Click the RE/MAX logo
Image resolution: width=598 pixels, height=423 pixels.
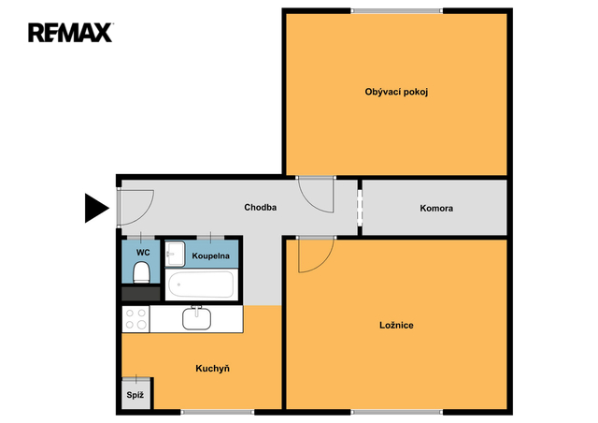(71, 33)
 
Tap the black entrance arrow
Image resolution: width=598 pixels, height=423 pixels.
(97, 208)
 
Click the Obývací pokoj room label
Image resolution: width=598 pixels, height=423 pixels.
(396, 92)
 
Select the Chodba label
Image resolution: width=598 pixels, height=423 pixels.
(260, 208)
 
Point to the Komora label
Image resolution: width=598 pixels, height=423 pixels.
(436, 209)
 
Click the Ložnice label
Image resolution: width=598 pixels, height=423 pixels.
(396, 325)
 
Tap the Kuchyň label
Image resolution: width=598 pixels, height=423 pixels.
(212, 369)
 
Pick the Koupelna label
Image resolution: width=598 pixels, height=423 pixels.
(210, 255)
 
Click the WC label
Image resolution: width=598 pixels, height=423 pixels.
(143, 253)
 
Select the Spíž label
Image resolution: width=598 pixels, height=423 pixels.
(135, 395)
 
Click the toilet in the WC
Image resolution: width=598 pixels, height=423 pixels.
(141, 272)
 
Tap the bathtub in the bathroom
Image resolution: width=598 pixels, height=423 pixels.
(201, 284)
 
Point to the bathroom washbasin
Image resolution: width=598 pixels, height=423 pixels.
(175, 254)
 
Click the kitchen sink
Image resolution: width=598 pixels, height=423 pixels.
(196, 318)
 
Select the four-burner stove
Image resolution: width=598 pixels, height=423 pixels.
(135, 319)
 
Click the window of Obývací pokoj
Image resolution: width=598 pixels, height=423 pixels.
(396, 11)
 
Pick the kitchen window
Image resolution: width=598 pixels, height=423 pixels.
(218, 413)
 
